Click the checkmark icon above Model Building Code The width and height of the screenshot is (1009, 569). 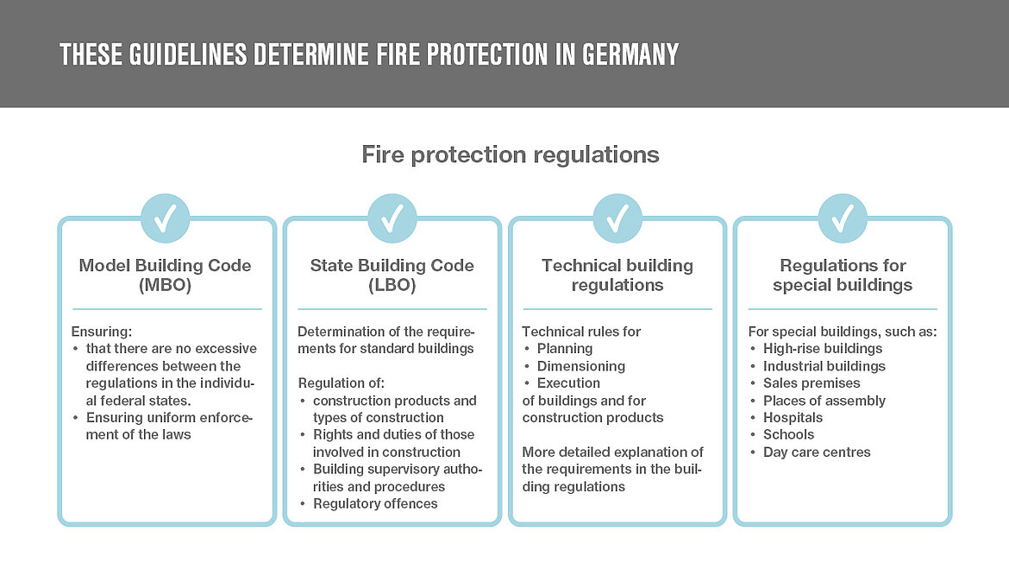pyautogui.click(x=165, y=218)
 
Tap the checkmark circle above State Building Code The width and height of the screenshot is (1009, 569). pyautogui.click(x=392, y=218)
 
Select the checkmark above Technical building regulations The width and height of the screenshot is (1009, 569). pyautogui.click(x=617, y=218)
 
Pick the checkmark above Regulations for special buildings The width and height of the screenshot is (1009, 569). pyautogui.click(x=843, y=218)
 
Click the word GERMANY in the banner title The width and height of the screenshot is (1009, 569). pyautogui.click(x=630, y=55)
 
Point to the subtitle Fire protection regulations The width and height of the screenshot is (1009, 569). pyautogui.click(x=510, y=155)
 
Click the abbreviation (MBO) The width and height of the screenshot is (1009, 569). pyautogui.click(x=165, y=285)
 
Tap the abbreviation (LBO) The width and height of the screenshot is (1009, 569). pyautogui.click(x=392, y=285)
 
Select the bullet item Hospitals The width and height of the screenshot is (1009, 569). pyautogui.click(x=793, y=418)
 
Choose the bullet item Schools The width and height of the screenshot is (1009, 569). pyautogui.click(x=788, y=435)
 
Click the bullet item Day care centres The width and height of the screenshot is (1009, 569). pyautogui.click(x=817, y=452)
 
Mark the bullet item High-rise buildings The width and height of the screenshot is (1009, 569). pyautogui.click(x=823, y=349)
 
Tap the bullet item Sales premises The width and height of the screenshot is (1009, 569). pyautogui.click(x=812, y=383)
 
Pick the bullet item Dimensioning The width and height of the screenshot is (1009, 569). pyautogui.click(x=580, y=366)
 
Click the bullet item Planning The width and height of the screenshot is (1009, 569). pyautogui.click(x=565, y=349)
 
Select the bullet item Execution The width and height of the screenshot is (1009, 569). pyautogui.click(x=568, y=383)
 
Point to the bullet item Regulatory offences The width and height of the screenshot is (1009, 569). pyautogui.click(x=375, y=504)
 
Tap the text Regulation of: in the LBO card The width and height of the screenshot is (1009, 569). pyautogui.click(x=341, y=383)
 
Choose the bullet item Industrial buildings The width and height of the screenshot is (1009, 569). pyautogui.click(x=824, y=366)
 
